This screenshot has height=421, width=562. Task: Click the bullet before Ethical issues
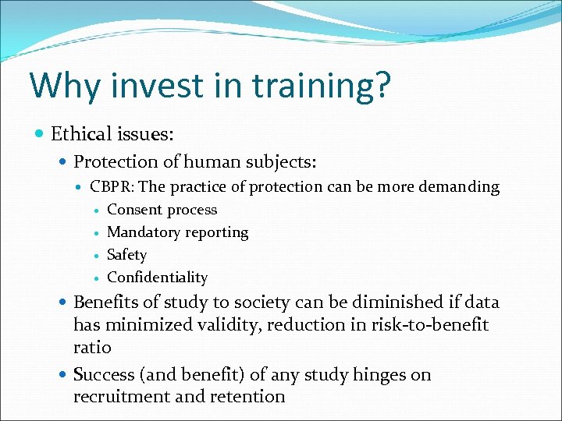pyautogui.click(x=41, y=134)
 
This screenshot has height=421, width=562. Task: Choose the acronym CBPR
pyautogui.click(x=109, y=187)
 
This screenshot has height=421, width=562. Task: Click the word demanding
pyautogui.click(x=461, y=187)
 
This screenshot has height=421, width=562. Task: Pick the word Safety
pyautogui.click(x=126, y=255)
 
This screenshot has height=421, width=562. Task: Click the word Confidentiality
pyautogui.click(x=157, y=278)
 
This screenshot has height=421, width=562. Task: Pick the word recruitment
pyautogui.click(x=116, y=397)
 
